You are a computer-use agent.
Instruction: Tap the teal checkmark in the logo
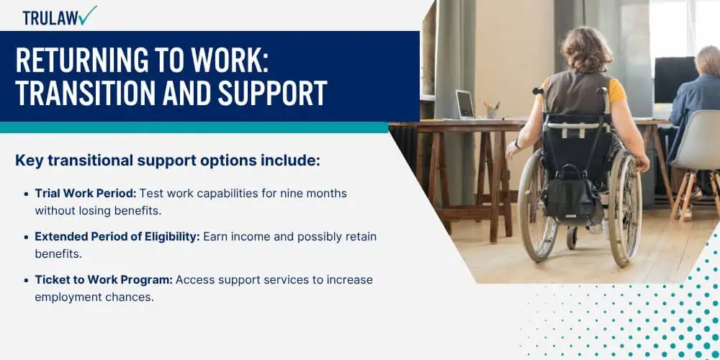point(89,14)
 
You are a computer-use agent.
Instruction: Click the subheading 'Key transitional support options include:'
point(167,161)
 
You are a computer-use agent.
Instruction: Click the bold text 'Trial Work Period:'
point(85,193)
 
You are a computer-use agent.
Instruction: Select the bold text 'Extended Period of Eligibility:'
point(117,236)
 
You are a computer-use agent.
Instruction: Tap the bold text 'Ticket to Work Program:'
point(104,279)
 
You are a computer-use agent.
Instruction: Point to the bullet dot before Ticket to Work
point(26,280)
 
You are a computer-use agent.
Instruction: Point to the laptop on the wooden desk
point(466,105)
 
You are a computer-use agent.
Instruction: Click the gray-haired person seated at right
point(698,94)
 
